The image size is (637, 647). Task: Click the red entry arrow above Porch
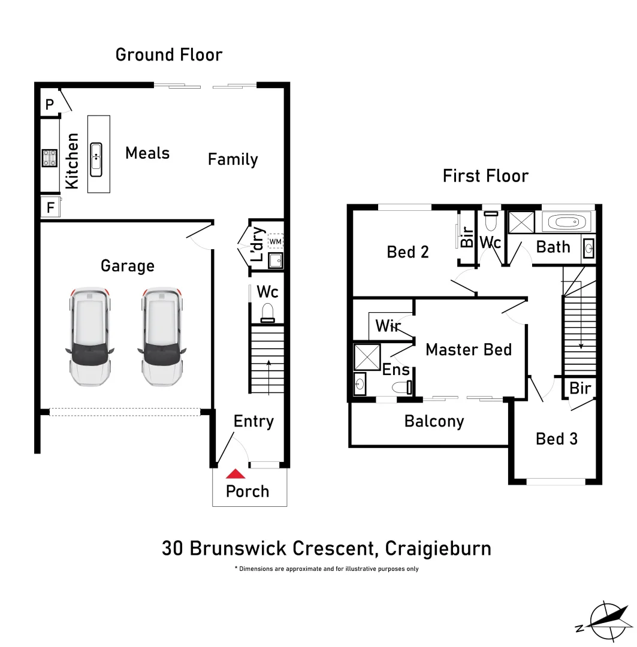click(236, 474)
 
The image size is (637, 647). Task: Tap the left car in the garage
click(89, 337)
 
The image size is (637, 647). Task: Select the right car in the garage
click(161, 337)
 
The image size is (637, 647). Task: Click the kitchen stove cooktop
click(50, 158)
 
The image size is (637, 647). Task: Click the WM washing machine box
click(276, 241)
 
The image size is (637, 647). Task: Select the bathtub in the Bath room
click(566, 222)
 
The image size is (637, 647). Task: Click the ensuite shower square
click(367, 357)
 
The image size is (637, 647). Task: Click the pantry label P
click(50, 104)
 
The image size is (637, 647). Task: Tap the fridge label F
click(50, 207)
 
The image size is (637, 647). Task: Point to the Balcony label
click(434, 421)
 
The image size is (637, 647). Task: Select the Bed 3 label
click(557, 439)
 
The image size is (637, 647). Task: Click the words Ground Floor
click(169, 55)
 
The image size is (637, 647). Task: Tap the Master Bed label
click(469, 349)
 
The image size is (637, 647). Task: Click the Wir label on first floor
click(388, 325)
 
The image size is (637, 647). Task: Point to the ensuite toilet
click(401, 387)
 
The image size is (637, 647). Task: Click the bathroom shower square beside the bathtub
click(521, 222)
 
